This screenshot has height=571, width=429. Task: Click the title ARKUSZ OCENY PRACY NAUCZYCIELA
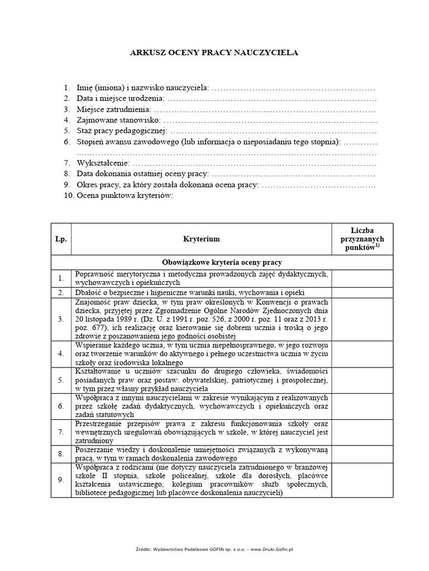214,53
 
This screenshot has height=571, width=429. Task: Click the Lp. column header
61,239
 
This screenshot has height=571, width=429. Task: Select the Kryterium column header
201,239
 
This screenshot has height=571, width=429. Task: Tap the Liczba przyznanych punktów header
363,239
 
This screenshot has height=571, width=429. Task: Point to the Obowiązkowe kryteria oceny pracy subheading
222,262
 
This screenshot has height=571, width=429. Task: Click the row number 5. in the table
61,379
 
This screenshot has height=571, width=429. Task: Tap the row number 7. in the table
61,432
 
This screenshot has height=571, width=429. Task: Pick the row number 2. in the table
61,293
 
